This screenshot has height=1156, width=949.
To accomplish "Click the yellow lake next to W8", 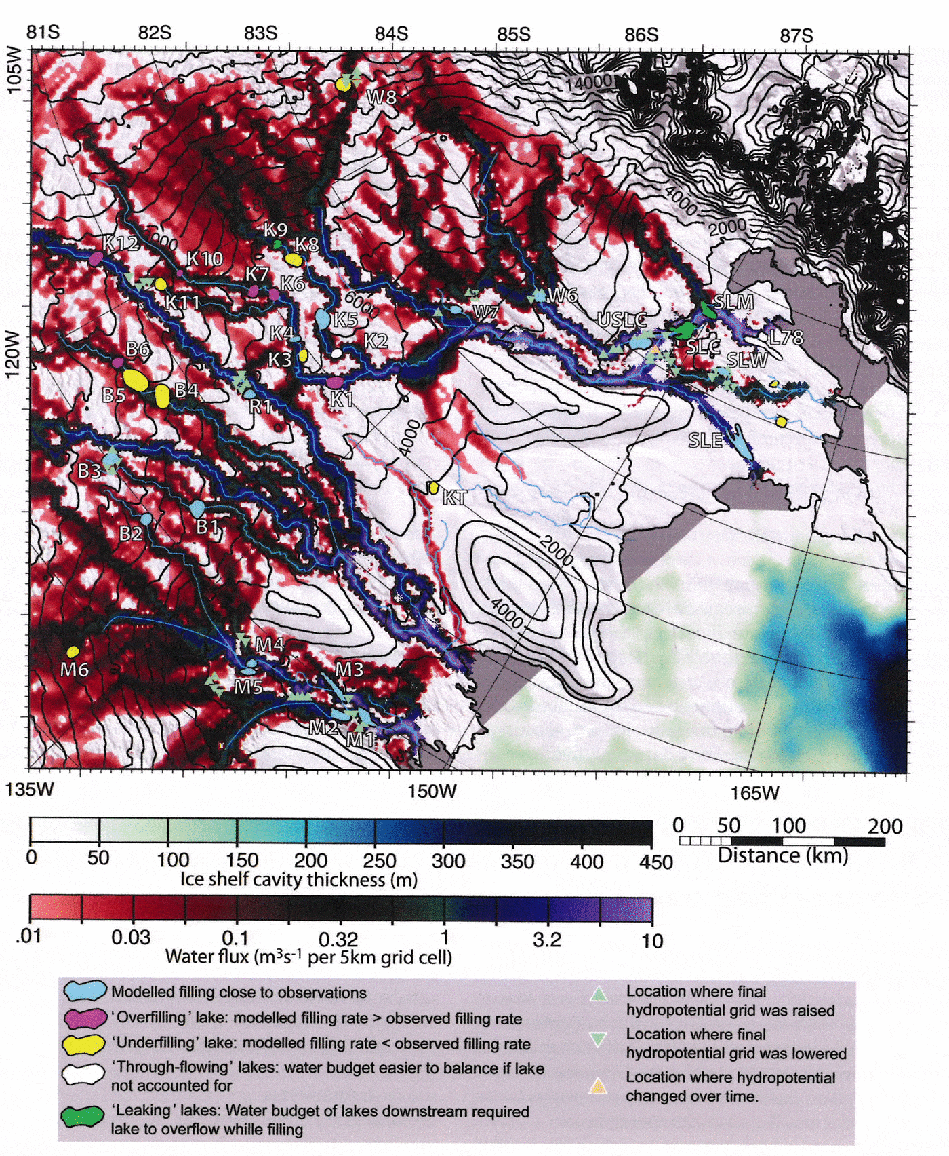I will (344, 84).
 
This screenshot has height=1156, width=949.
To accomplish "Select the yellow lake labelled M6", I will (73, 652).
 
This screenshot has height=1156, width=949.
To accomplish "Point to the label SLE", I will (705, 440).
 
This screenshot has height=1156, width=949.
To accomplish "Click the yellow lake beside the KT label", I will (433, 487).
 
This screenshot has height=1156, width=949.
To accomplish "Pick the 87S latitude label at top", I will (796, 35).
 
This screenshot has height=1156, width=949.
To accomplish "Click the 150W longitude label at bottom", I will (432, 791).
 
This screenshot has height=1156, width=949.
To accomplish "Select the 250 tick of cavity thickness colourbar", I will (380, 861).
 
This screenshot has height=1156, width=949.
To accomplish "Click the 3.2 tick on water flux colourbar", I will (546, 940).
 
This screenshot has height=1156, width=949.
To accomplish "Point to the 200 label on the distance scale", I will (885, 826).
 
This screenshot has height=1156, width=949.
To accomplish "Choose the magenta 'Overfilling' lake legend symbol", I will (85, 1018).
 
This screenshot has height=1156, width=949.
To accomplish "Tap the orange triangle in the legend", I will (598, 1086).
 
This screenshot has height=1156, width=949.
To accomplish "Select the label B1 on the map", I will (208, 526).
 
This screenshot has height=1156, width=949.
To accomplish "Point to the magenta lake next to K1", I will (335, 383).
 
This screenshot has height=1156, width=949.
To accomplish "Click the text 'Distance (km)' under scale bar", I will (782, 855).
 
